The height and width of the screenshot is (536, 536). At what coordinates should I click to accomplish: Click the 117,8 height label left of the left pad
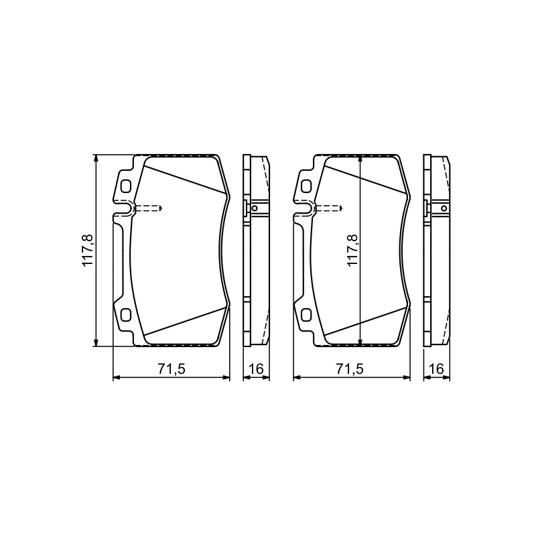click(87, 250)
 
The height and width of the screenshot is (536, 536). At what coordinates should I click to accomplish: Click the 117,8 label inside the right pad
click(352, 250)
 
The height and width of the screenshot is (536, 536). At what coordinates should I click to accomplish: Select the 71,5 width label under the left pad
click(172, 369)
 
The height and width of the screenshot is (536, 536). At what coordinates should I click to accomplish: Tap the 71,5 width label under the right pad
click(350, 369)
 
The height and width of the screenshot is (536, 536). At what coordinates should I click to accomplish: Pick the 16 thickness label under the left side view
click(256, 369)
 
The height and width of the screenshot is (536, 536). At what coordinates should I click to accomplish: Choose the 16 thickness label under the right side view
click(437, 369)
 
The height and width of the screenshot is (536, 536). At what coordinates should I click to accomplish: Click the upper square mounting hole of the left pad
click(126, 186)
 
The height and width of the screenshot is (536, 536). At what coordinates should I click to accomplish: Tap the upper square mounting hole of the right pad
click(306, 186)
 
